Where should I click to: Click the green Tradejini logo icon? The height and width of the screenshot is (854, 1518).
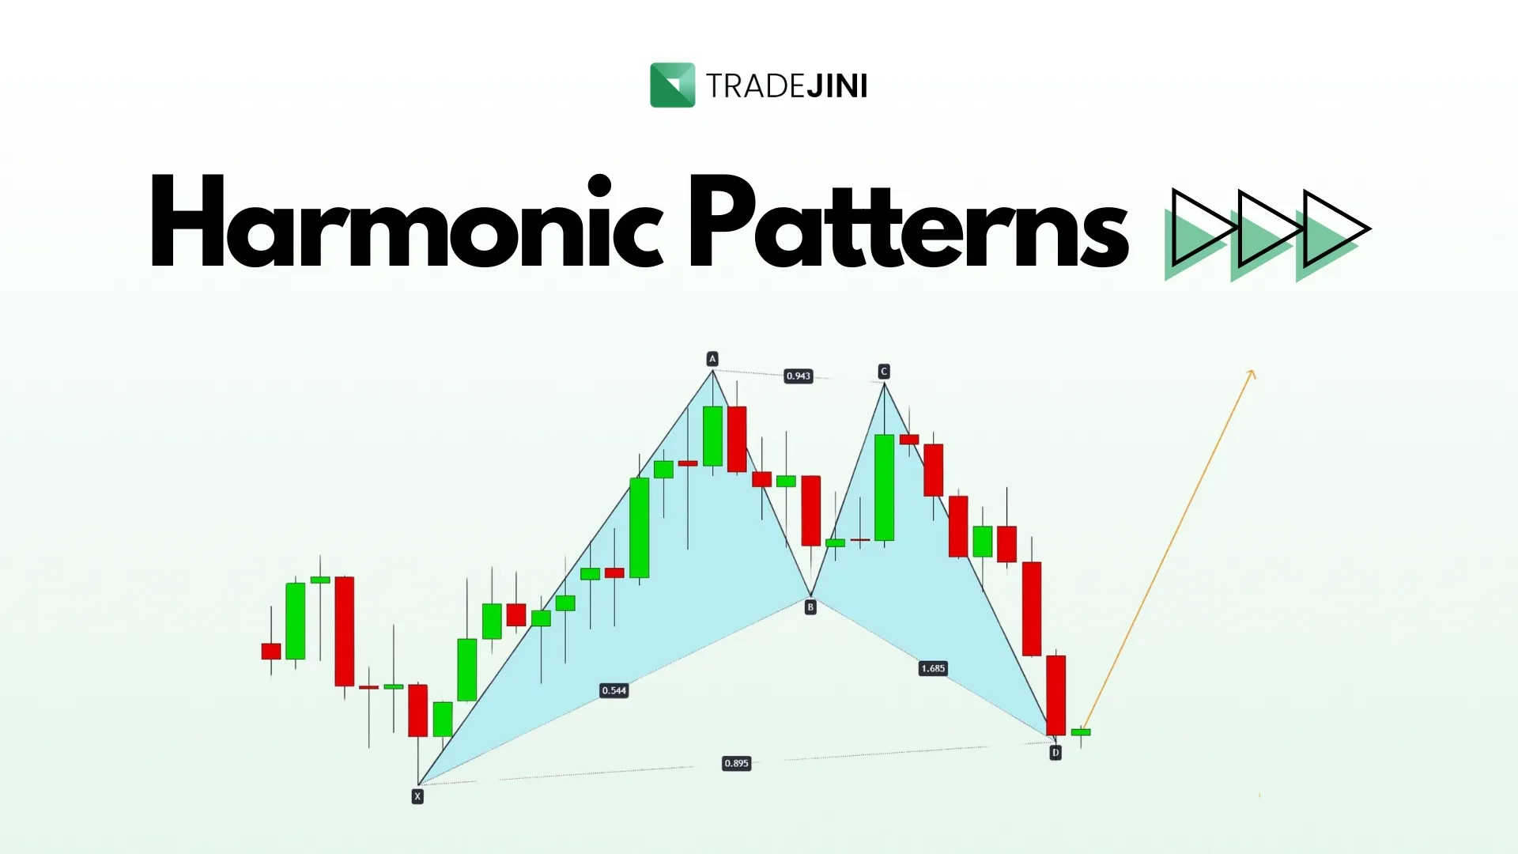672,85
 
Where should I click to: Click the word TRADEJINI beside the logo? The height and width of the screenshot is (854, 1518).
787,86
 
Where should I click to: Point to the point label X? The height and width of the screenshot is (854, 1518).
417,796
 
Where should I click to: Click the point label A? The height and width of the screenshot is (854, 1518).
712,359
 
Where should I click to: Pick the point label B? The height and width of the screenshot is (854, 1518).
810,607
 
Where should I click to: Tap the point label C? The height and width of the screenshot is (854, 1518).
884,372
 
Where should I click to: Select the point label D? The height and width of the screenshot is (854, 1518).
1055,753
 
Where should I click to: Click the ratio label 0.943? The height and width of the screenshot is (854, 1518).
799,376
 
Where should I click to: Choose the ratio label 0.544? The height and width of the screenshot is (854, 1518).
614,690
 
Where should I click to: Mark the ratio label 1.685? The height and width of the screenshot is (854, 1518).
933,668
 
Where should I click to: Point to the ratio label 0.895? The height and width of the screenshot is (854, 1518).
736,763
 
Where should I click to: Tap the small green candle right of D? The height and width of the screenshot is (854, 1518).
1081,732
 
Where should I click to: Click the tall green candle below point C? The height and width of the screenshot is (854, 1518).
885,487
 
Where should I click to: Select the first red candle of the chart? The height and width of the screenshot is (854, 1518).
271,651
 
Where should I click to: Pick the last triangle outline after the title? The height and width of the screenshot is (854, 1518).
1336,229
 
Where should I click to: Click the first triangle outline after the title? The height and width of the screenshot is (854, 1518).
1204,229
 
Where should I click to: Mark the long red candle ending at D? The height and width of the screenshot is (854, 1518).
1056,695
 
